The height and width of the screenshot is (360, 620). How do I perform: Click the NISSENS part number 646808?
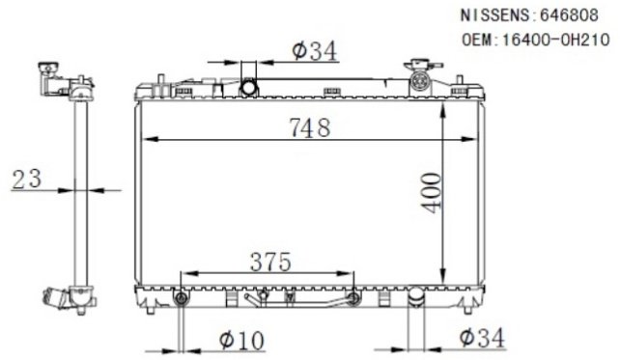click(x=569, y=15)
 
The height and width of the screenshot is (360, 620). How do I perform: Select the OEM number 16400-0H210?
click(x=555, y=40)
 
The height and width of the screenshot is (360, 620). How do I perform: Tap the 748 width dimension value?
click(x=310, y=127)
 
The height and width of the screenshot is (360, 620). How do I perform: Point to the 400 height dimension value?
click(x=433, y=192)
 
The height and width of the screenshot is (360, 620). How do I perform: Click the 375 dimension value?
click(x=270, y=262)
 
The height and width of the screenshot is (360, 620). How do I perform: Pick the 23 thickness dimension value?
click(x=27, y=179)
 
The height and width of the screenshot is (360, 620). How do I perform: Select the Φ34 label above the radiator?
click(x=315, y=51)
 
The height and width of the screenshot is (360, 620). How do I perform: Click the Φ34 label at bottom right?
click(x=482, y=338)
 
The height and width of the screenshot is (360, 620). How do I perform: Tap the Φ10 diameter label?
click(x=241, y=341)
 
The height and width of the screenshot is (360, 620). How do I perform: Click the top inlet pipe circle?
click(x=249, y=87)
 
